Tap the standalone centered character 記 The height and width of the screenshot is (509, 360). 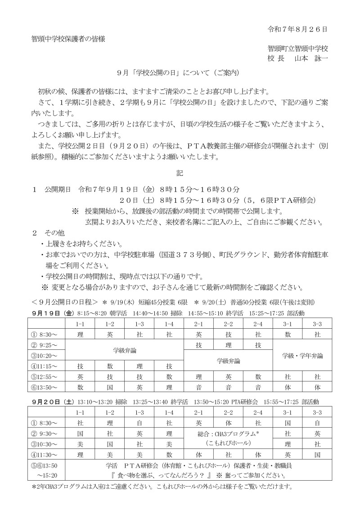[x=180, y=172]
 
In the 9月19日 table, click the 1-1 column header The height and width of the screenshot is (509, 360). [x=80, y=324]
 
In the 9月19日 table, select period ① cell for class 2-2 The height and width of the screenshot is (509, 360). [x=228, y=335]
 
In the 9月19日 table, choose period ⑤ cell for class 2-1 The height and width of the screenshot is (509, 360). [x=198, y=376]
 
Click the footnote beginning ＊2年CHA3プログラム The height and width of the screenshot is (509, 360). [x=162, y=487]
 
